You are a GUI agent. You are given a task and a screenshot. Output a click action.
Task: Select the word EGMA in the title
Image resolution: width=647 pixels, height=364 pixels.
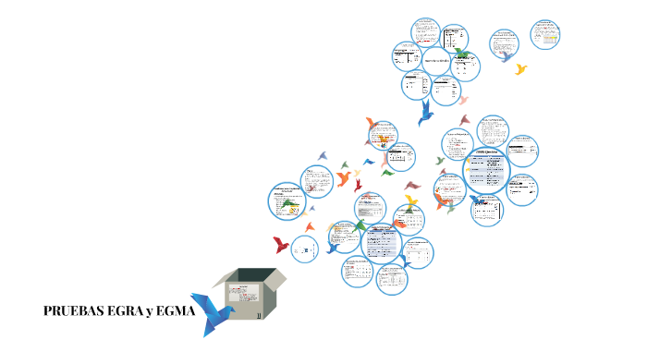(x=176, y=311)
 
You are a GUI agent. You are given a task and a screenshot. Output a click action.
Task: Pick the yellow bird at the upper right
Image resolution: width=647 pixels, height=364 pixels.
(x=521, y=69)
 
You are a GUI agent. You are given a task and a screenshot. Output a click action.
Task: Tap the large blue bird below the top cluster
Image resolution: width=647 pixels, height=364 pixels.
(x=426, y=112)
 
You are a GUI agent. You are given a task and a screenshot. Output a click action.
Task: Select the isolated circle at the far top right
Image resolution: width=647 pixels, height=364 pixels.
(x=545, y=34)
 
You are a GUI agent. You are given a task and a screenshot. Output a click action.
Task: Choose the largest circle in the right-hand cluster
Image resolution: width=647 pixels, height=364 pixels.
(x=486, y=171)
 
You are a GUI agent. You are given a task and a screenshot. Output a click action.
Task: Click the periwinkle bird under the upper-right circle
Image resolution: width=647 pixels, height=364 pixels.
(x=506, y=56)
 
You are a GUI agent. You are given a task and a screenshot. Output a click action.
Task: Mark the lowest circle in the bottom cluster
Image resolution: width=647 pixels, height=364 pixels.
(x=392, y=280)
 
